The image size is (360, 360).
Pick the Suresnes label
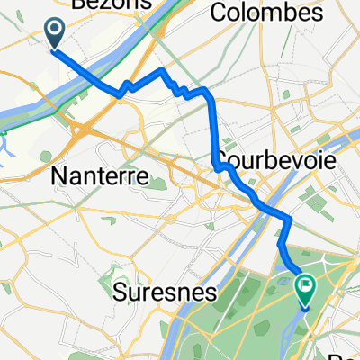click(x=167, y=292)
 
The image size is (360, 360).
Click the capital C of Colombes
click(x=216, y=14)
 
